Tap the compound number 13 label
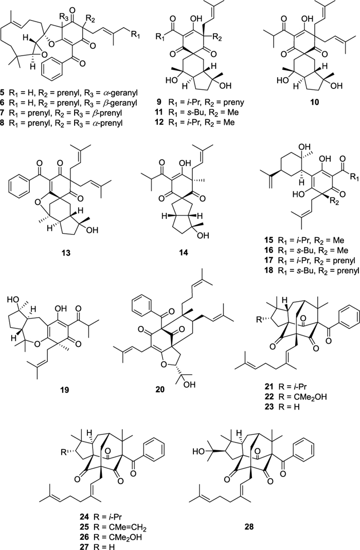click(65, 252)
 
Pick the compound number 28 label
click(249, 526)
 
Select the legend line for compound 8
click(63, 123)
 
